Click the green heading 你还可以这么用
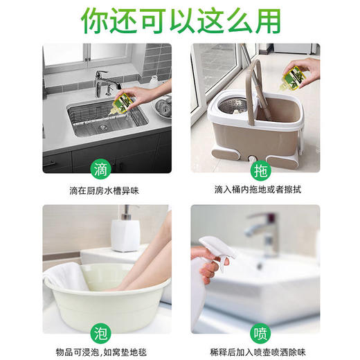180,21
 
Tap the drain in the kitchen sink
102,127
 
